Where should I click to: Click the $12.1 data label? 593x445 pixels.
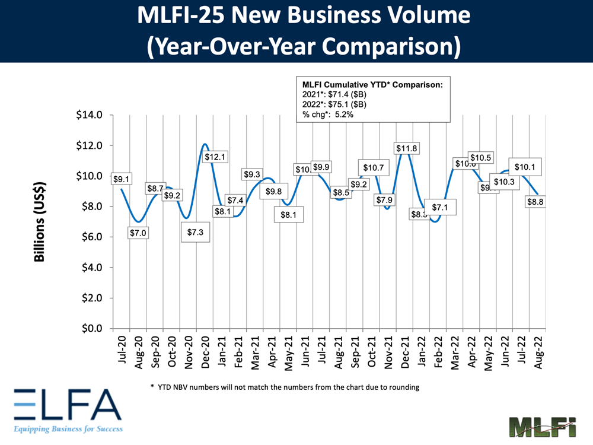tap(215, 157)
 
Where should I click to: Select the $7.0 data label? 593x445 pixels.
tap(138, 233)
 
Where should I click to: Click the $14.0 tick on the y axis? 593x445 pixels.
tap(90, 115)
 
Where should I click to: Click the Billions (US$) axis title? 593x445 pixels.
tap(40, 221)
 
